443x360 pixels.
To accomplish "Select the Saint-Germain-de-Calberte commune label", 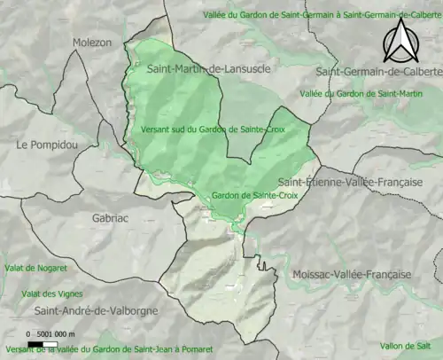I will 378,72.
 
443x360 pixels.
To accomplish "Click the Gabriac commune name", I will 113,216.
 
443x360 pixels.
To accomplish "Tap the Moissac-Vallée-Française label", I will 352,275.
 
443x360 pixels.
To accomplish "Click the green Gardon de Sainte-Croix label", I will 253,195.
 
